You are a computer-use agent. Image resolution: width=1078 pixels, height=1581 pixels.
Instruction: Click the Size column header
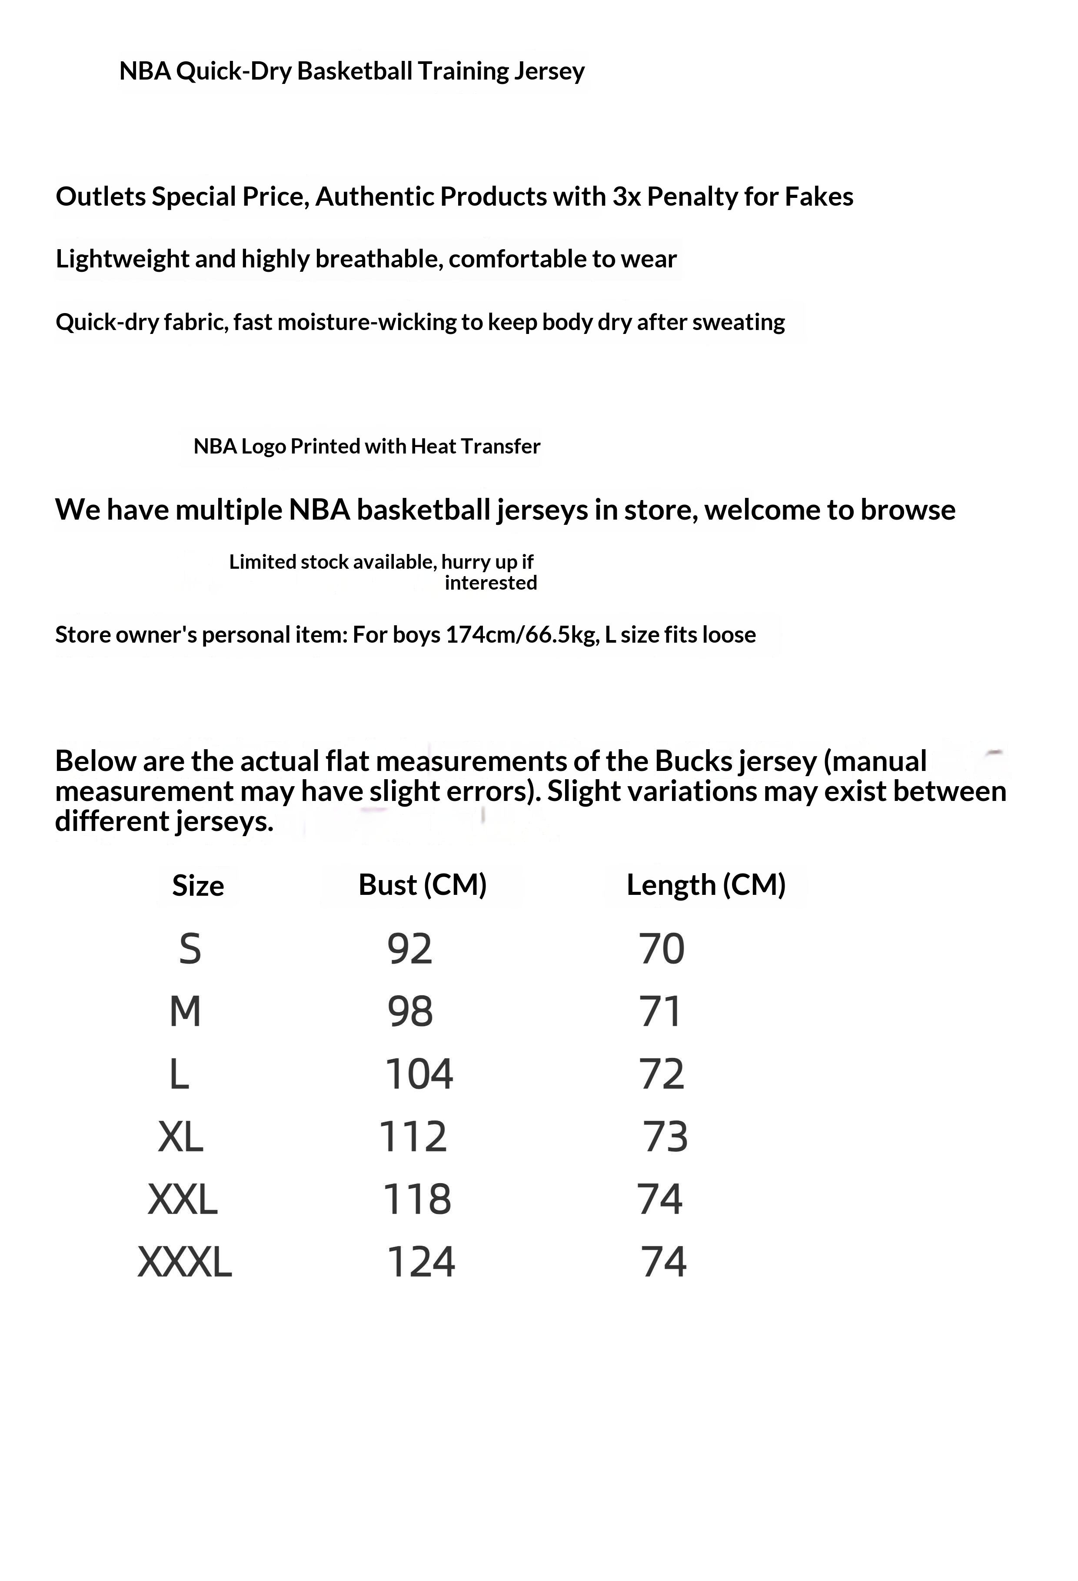tap(197, 886)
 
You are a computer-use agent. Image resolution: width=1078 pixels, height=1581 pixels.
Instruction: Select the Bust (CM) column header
tap(423, 885)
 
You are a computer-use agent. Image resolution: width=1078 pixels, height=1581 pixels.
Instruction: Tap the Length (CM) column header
tap(705, 885)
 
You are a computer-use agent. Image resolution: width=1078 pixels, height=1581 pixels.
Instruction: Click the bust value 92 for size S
tap(409, 949)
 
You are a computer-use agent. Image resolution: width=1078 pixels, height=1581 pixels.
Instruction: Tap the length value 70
tap(661, 949)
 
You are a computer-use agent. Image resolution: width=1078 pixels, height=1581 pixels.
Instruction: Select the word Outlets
tap(101, 197)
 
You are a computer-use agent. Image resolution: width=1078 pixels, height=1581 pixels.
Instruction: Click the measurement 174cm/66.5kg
tap(522, 635)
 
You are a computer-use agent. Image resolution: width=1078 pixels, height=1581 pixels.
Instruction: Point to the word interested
tap(490, 583)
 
